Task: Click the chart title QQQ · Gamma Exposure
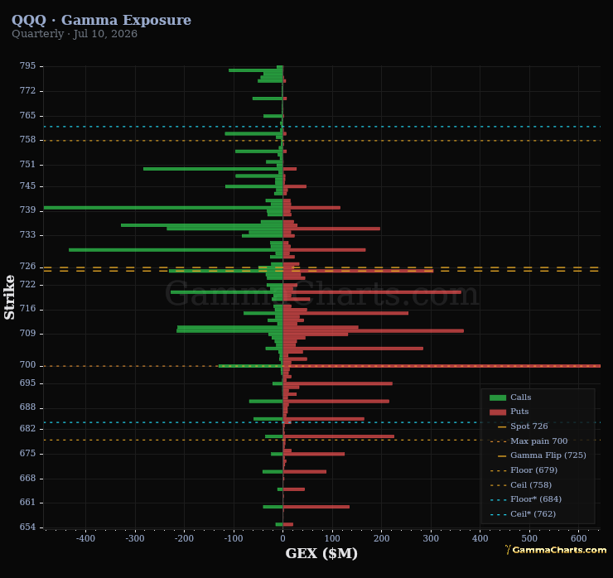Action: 101,20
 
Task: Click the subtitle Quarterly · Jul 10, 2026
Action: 75,34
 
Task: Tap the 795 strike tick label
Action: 27,65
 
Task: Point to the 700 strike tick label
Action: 27,364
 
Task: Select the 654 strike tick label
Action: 27,527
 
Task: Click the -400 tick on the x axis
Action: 85,538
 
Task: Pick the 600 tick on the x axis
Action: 578,538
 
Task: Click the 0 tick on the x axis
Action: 282,538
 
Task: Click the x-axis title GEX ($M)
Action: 321,553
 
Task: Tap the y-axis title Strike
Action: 9,297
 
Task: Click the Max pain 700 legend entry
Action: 529,441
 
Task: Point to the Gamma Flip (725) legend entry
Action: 538,455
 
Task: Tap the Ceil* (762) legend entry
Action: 523,514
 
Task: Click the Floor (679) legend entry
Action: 524,470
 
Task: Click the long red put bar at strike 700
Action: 442,366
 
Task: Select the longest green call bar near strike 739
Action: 163,208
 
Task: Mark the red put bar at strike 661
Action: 316,507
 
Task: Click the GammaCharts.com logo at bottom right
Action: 556,550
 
